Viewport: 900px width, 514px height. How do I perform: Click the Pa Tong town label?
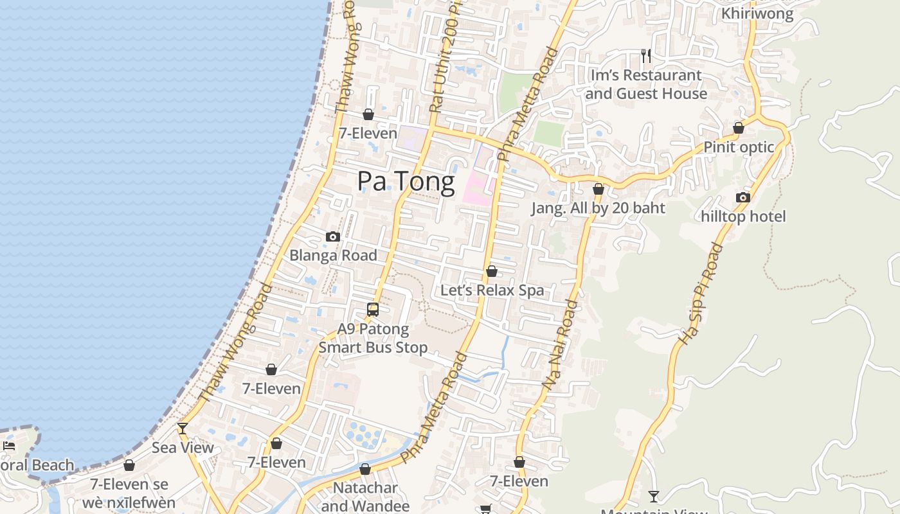coord(406,181)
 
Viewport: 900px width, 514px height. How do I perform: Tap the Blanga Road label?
coord(333,255)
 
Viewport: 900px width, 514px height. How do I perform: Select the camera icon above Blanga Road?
coord(332,237)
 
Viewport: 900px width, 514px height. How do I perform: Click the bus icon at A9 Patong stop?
coord(373,310)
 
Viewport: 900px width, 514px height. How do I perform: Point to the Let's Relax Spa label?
coord(492,290)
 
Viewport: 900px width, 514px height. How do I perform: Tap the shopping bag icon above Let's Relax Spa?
coord(492,271)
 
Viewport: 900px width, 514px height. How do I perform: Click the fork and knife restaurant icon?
coord(646,56)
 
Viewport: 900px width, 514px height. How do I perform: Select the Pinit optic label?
coord(739,147)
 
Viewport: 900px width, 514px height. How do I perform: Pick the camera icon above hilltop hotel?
coord(743,197)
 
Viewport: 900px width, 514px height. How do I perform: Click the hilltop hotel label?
coord(743,217)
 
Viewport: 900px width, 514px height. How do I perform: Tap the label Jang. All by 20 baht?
coord(598,208)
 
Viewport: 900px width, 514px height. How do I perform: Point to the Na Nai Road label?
coord(561,344)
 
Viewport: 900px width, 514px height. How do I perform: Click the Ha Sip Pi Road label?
coord(700,293)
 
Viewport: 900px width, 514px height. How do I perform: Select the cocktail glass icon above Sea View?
coord(183,428)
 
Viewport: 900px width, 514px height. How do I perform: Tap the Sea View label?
coord(183,447)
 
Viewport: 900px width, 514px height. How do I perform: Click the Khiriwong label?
coord(757,13)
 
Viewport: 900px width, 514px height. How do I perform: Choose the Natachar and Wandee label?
coord(365,497)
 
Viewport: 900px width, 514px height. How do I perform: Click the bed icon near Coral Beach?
coord(9,445)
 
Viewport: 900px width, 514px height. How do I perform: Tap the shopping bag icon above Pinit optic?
coord(739,128)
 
